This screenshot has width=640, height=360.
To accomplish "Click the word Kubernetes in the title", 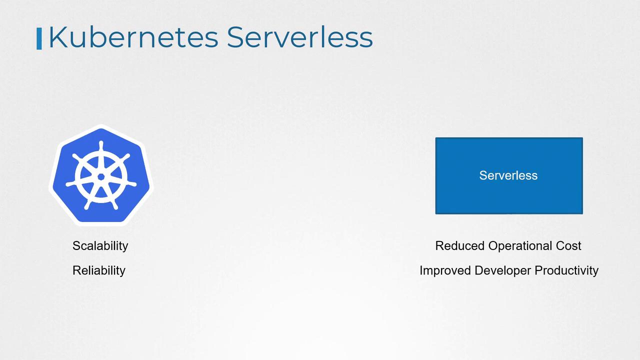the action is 133,37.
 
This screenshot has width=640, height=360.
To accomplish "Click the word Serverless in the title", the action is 300,37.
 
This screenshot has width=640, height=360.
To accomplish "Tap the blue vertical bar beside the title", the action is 39,38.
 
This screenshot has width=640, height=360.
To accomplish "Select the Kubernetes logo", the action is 101,175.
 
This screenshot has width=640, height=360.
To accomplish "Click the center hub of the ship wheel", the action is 101,177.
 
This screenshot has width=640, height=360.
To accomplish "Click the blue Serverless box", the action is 509,175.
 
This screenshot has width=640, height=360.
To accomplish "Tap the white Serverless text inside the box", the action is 508,175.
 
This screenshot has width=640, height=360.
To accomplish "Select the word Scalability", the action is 100,246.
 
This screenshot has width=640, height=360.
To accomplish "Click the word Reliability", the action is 99,270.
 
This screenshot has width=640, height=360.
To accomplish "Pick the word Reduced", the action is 459,245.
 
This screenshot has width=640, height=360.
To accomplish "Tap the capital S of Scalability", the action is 77,245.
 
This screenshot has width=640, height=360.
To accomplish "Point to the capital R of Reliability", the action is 77,270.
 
